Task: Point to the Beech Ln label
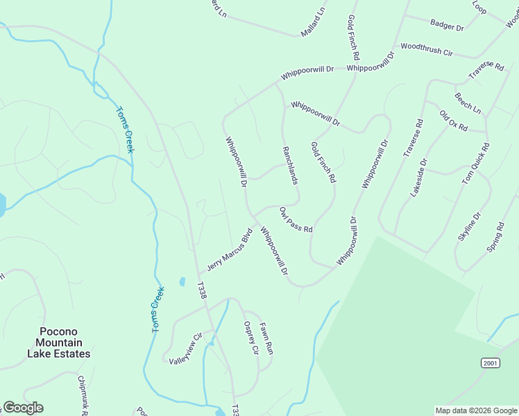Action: tap(468, 103)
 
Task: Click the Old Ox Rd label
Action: tap(453, 121)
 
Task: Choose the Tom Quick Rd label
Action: tap(476, 164)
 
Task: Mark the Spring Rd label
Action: tap(495, 236)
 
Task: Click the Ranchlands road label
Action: tap(290, 165)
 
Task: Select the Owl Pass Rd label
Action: tap(296, 219)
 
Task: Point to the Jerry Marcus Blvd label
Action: tap(228, 249)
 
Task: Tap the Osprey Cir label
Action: tap(250, 338)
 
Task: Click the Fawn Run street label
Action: tap(266, 338)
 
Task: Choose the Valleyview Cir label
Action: tap(184, 348)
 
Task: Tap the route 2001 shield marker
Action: tap(491, 363)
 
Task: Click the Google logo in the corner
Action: tap(23, 408)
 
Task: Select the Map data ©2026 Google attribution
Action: tap(476, 410)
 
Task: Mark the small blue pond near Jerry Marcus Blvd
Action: tap(182, 281)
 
